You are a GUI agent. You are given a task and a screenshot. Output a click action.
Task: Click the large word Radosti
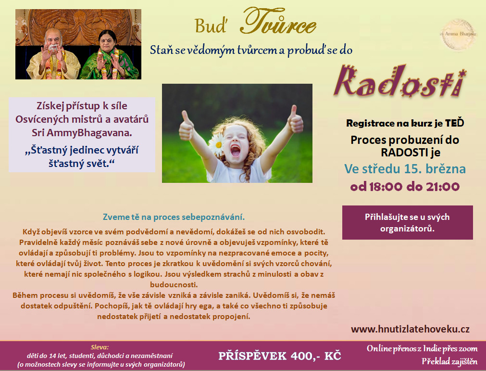pos(400,81)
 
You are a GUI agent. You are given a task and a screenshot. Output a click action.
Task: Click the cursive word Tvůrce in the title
pos(278,22)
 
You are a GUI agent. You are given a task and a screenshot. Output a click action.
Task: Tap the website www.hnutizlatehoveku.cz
pos(410,329)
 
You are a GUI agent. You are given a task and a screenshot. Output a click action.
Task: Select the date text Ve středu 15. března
pos(405,169)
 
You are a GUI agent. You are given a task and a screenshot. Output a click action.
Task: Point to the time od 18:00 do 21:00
pos(405,187)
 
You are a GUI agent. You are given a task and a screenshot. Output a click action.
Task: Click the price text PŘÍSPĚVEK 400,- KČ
pos(280,356)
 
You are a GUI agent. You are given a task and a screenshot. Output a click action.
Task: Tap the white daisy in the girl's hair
pos(217,144)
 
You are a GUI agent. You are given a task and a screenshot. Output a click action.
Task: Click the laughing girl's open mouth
pos(235,151)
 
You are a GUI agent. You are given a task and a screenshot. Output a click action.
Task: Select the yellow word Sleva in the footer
pos(100,347)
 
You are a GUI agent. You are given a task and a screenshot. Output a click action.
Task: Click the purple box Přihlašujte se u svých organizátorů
pos(407,222)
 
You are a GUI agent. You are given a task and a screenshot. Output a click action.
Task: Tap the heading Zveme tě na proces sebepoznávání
pos(174,217)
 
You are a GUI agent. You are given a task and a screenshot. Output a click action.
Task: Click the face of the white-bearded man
pos(53,40)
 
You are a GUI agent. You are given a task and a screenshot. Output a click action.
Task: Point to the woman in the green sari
pos(109,56)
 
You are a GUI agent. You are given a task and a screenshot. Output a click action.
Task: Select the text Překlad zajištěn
pos(449,361)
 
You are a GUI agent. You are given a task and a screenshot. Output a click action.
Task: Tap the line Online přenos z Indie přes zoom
pos(422,349)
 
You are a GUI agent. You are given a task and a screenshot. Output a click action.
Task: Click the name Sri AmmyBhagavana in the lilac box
pos(82,133)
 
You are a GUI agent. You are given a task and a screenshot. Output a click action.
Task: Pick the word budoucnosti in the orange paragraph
pos(174,284)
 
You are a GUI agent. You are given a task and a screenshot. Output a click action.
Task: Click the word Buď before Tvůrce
pos(211,26)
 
